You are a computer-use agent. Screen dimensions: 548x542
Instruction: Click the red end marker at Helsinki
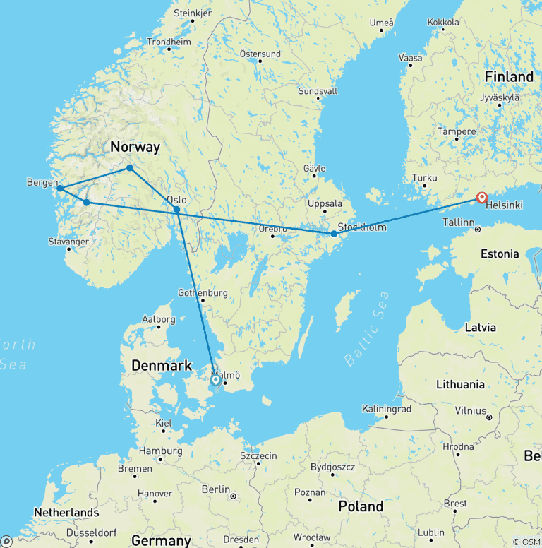(x=482, y=198)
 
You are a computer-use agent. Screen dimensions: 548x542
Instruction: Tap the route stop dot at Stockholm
(x=334, y=233)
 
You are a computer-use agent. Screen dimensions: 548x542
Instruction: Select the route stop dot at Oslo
(x=176, y=210)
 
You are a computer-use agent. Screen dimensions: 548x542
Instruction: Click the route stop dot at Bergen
(x=60, y=189)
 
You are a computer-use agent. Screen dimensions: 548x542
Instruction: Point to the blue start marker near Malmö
(x=215, y=379)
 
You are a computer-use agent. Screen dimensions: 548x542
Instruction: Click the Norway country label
(x=135, y=147)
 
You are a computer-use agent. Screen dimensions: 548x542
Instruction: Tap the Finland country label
(x=509, y=76)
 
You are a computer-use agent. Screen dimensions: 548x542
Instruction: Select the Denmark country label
(x=162, y=365)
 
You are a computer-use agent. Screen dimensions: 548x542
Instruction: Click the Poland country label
(x=360, y=506)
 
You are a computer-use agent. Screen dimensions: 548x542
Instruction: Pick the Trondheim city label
(x=169, y=42)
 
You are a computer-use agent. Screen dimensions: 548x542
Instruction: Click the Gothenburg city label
(x=203, y=292)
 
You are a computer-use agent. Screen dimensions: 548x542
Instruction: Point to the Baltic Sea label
(x=367, y=328)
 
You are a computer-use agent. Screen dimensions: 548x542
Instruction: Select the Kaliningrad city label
(x=385, y=408)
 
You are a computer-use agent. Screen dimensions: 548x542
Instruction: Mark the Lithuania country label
(x=460, y=384)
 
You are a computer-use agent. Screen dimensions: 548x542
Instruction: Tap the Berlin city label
(x=216, y=489)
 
